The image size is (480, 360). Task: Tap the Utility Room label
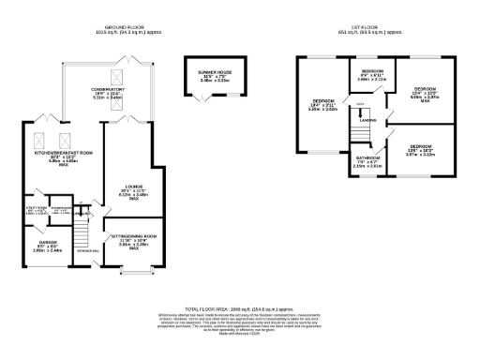(35, 212)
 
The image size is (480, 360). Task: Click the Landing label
(368, 119)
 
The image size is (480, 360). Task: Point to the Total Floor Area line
(240, 307)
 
